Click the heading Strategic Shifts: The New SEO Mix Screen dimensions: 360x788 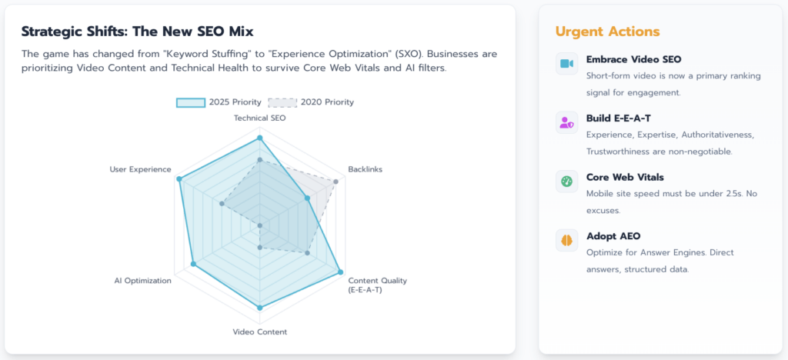[x=137, y=32]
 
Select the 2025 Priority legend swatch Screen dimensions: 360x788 [x=191, y=102]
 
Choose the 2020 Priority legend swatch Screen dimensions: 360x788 [x=282, y=102]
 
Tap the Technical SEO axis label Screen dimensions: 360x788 [x=259, y=118]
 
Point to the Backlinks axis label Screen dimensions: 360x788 [x=365, y=169]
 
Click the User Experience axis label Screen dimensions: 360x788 [x=140, y=169]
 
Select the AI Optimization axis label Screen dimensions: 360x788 [x=142, y=281]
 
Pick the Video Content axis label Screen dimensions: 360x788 [x=259, y=332]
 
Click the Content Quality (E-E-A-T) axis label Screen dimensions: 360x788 [x=377, y=285]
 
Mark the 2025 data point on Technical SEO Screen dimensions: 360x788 [x=259, y=138]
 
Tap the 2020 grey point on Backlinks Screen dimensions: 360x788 [x=336, y=182]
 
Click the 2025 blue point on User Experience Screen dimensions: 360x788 [x=179, y=179]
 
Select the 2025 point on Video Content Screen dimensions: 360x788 [x=259, y=308]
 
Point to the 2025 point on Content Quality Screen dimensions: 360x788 [x=339, y=272]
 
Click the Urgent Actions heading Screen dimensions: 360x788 [x=607, y=32]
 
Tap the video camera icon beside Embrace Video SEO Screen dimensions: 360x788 [x=566, y=63]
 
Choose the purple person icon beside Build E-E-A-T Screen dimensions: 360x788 [x=566, y=122]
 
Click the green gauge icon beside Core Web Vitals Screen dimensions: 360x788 [x=566, y=182]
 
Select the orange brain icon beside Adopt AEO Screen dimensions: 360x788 [x=566, y=241]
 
